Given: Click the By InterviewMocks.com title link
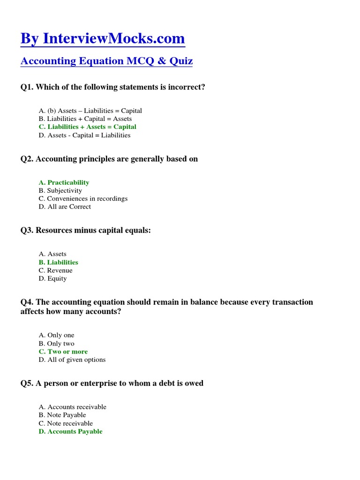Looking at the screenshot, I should point(103,38).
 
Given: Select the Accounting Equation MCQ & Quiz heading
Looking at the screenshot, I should point(106,61).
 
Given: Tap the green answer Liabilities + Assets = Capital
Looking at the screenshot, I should point(88,127).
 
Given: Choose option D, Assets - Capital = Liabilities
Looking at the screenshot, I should point(85,135).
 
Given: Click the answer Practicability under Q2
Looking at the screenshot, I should point(64,182).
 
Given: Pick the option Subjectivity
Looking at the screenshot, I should point(60,191).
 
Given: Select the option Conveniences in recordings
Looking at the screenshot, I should point(83,199).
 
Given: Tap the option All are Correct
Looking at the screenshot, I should point(65,207).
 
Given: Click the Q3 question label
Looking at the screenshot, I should point(27,230).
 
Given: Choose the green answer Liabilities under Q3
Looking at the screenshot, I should point(59,262).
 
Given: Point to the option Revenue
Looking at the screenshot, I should point(56,270).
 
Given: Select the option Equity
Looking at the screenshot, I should point(53,278).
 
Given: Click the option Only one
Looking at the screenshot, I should point(57,335).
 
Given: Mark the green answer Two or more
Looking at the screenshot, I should point(63,352).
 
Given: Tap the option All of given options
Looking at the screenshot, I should point(72,360).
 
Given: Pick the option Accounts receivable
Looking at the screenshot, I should point(73,407).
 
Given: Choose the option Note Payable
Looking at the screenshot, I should point(62,415).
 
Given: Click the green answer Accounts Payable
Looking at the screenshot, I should point(70,432).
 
